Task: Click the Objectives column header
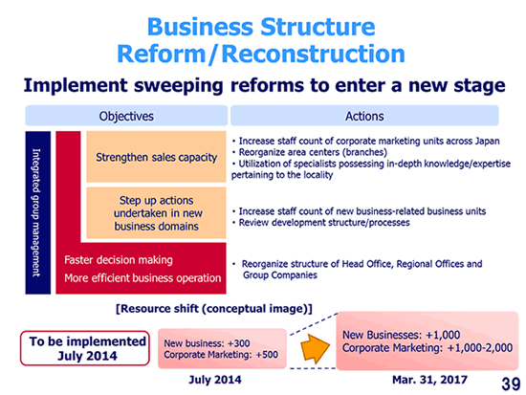tap(126, 116)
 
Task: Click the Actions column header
tap(364, 116)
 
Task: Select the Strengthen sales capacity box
tap(156, 157)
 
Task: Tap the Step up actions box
tap(156, 212)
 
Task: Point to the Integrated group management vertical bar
tap(38, 212)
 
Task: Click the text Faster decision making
tap(119, 260)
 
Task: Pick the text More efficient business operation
tap(142, 278)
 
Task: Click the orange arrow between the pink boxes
tap(315, 348)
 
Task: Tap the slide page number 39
tap(511, 384)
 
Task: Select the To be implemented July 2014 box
tap(85, 348)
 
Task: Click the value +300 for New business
tap(238, 343)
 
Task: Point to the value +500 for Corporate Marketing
tap(267, 355)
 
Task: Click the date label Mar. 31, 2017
tap(429, 380)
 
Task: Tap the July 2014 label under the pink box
tap(215, 380)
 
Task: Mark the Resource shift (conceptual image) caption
tap(214, 308)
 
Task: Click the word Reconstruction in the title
tap(314, 54)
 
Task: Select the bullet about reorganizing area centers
tap(309, 152)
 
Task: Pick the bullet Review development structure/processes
tap(321, 223)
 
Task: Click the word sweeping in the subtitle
tap(179, 86)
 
